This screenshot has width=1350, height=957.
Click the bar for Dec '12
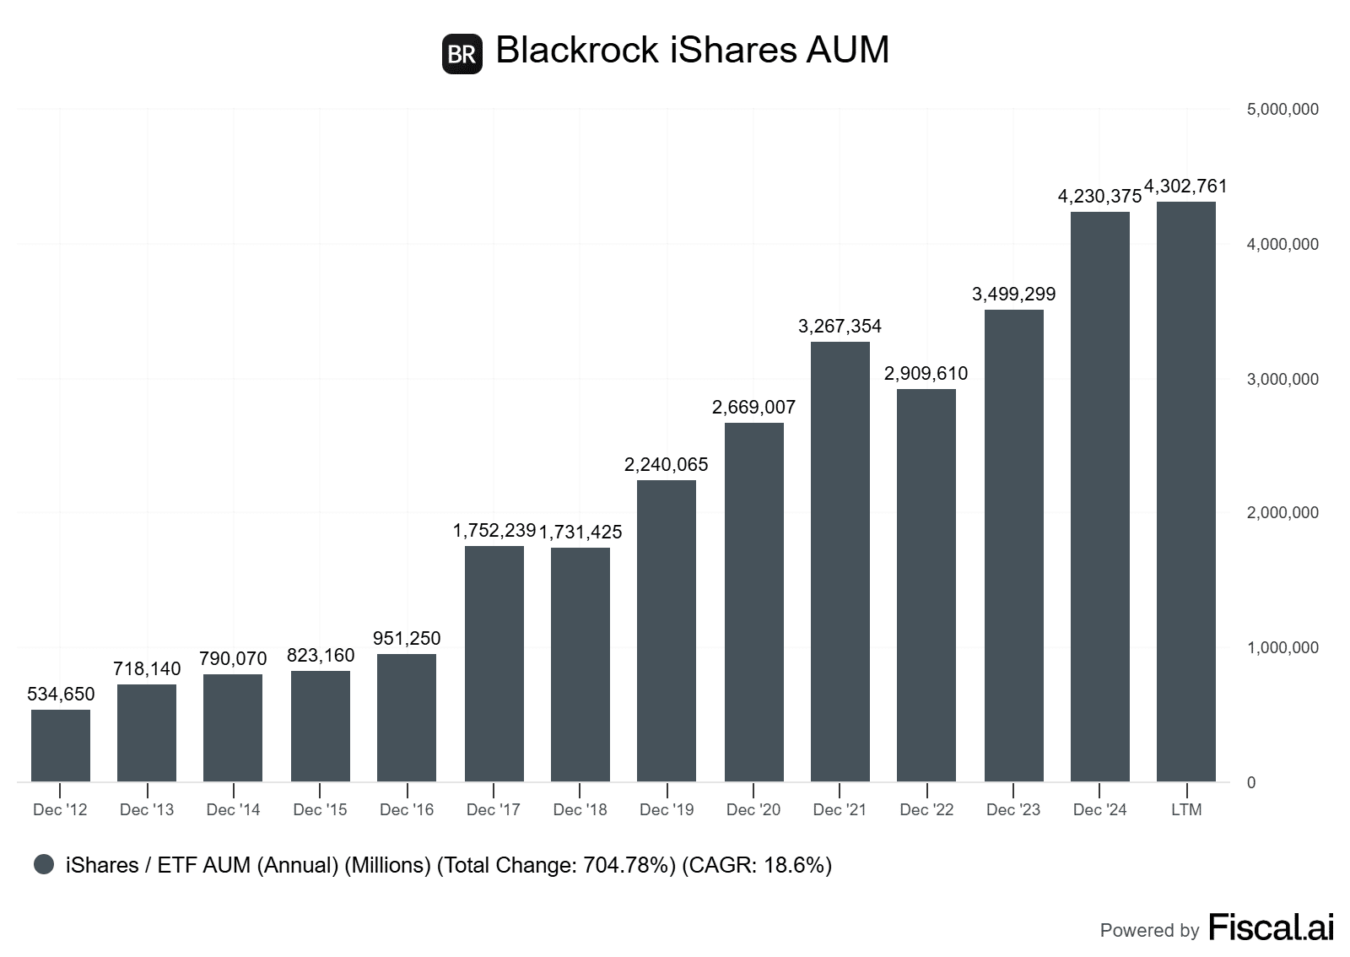[x=61, y=745]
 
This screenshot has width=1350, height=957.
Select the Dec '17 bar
[x=494, y=663]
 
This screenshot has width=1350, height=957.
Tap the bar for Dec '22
[x=926, y=585]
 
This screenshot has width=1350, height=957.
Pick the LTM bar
[x=1186, y=491]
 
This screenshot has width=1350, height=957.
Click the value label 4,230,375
[x=1099, y=196]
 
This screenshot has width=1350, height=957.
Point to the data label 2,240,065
[x=667, y=464]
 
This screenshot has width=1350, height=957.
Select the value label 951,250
[x=407, y=638]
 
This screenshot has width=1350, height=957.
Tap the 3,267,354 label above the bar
[x=840, y=326]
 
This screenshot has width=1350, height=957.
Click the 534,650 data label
[x=61, y=694]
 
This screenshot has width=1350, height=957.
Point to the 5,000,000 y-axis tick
[x=1282, y=110]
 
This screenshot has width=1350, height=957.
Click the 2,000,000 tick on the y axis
[x=1282, y=513]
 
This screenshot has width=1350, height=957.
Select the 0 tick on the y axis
[x=1251, y=782]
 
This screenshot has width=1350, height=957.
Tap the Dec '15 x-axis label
[x=320, y=810]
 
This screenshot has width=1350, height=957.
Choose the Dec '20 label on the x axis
[x=753, y=810]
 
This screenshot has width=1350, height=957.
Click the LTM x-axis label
[x=1186, y=810]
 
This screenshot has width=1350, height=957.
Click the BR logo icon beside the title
[x=462, y=54]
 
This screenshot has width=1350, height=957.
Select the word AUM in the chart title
[x=847, y=50]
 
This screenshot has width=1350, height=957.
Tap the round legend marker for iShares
[x=44, y=864]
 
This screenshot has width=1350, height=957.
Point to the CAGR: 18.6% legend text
[x=757, y=865]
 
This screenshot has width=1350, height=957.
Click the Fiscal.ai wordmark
[x=1271, y=927]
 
